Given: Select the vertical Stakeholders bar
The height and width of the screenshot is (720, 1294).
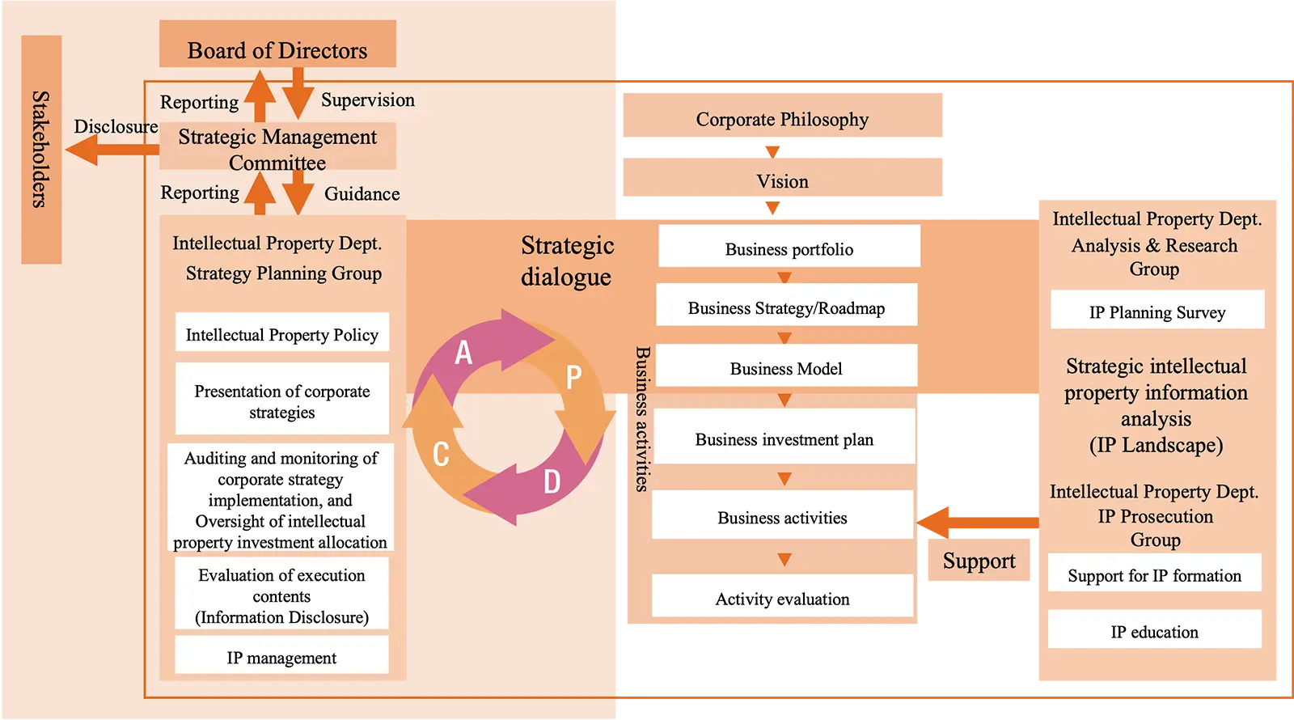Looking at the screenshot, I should pos(41,150).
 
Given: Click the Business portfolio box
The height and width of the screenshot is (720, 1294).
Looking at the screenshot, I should pos(789,247).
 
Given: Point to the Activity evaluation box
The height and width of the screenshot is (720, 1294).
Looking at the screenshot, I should pos(782,597).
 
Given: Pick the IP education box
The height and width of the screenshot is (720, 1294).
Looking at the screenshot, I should pos(1154,630).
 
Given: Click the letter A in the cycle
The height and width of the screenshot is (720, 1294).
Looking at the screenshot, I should pos(463,352).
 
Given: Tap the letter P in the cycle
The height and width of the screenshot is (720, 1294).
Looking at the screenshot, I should pos(573,377).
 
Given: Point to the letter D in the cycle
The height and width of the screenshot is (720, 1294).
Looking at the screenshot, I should pos(552,482).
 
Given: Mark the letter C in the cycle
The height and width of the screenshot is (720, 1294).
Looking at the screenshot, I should pos(441,454).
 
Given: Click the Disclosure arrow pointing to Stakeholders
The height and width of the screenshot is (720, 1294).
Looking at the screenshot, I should pos(105,150).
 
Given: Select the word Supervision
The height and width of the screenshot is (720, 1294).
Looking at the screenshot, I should pos(367,100).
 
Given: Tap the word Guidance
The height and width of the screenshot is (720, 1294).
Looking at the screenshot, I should pos(362,193).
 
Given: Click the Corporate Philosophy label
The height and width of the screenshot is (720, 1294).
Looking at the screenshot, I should pos(782,120).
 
